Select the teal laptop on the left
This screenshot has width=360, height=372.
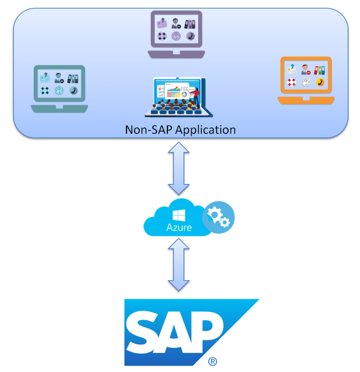point(59,88)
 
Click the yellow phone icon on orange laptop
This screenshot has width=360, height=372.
point(320,82)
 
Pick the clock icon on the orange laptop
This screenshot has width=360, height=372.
point(305,82)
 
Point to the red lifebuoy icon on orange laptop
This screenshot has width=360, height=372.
point(291,82)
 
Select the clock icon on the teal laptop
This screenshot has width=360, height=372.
point(59,91)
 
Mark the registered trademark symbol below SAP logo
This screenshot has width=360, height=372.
point(212,361)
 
